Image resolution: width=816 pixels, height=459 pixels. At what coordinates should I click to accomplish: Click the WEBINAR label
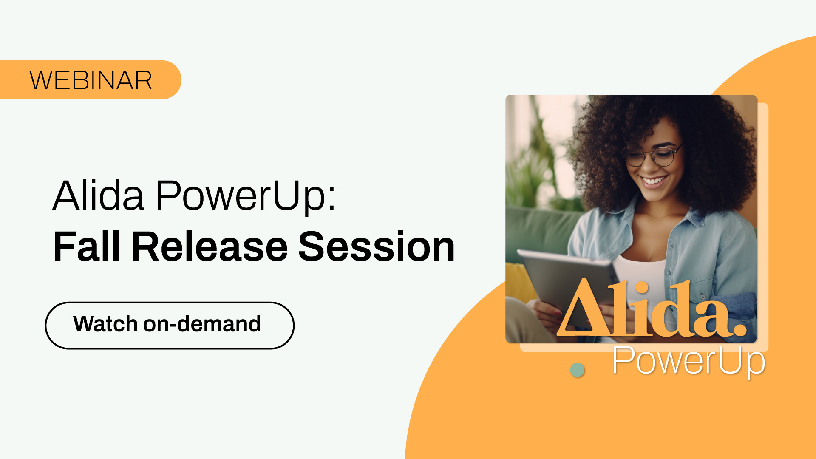91,80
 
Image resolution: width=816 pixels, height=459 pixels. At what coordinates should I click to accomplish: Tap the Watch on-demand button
170,326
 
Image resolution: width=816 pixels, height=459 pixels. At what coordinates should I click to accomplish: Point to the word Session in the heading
377,246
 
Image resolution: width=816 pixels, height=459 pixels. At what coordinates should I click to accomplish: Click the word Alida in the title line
98,195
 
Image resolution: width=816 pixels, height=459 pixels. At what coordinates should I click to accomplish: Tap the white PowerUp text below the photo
688,361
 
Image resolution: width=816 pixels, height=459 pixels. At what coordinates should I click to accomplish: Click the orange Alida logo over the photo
652,307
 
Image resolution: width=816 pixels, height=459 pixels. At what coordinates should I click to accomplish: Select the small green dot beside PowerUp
577,370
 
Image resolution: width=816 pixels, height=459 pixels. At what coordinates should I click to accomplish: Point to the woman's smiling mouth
654,182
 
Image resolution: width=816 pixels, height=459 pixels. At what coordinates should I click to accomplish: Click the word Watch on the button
105,324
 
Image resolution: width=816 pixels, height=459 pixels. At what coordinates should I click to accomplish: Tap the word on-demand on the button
202,324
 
